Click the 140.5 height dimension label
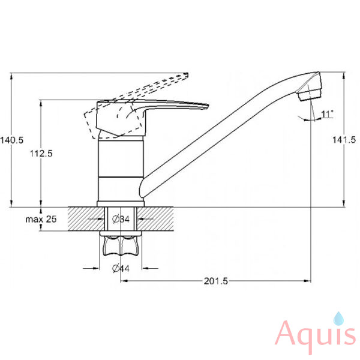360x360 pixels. pyautogui.click(x=12, y=140)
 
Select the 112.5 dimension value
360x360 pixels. pyautogui.click(x=41, y=154)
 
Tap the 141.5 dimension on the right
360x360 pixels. pyautogui.click(x=344, y=140)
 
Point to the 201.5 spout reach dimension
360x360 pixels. pyautogui.click(x=216, y=281)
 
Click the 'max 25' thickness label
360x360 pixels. pyautogui.click(x=41, y=219)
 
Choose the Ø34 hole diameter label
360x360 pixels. pyautogui.click(x=121, y=219)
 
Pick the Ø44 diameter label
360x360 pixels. pyautogui.click(x=121, y=268)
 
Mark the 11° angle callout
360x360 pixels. pyautogui.click(x=327, y=113)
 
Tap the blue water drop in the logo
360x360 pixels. pyautogui.click(x=338, y=319)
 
